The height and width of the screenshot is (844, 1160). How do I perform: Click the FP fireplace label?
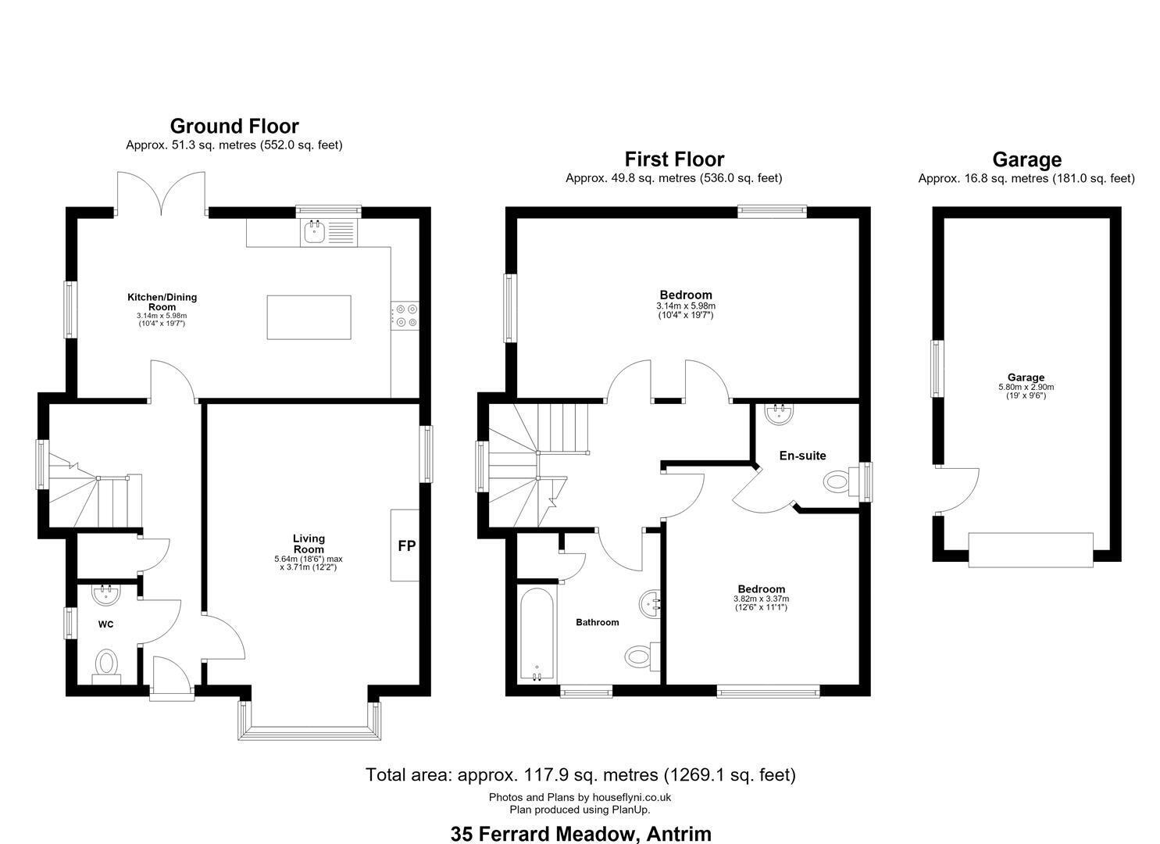pos(406,545)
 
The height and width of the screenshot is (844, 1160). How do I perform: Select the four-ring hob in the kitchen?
pos(405,316)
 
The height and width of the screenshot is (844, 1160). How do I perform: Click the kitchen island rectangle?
pos(309,317)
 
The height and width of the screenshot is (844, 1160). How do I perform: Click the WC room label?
pos(105,624)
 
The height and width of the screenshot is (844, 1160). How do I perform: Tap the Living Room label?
pos(309,543)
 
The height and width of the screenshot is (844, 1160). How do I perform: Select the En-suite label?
pos(802,456)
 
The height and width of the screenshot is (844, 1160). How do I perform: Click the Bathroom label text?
pos(597,622)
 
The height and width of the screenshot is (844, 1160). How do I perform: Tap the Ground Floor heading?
pos(234,126)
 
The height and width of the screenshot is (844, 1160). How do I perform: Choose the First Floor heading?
pos(674,159)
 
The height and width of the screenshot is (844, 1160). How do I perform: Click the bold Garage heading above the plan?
pos(1026,159)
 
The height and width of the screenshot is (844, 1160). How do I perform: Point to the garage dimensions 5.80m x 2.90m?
pos(1026,387)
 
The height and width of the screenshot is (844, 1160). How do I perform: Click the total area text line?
pos(580,774)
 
